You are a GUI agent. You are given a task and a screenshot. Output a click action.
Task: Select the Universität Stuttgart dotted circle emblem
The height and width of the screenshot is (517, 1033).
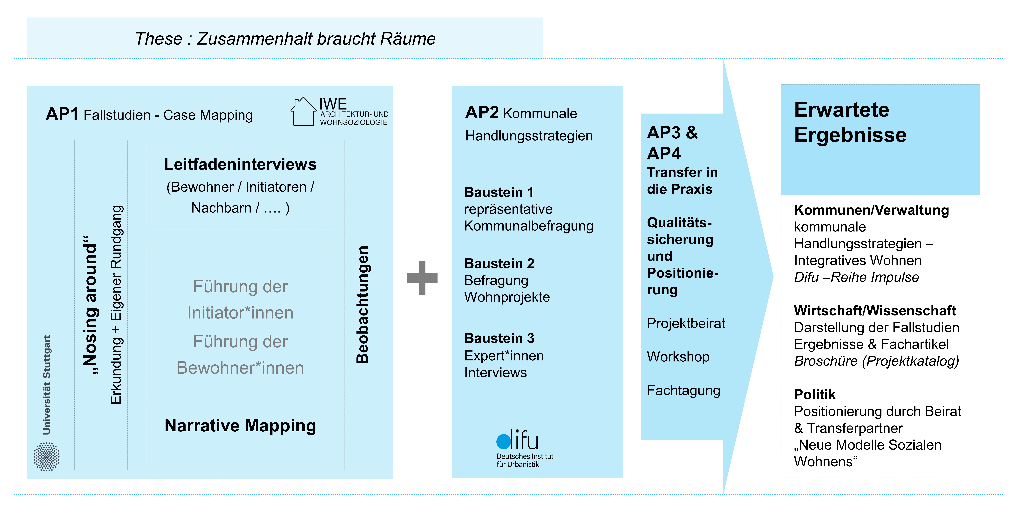(46, 456)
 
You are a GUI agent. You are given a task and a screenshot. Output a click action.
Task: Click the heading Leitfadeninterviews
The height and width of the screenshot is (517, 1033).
(240, 165)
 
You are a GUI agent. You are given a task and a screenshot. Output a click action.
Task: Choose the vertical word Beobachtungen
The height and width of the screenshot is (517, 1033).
(362, 305)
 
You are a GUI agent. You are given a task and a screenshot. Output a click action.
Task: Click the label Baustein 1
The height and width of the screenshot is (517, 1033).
(499, 192)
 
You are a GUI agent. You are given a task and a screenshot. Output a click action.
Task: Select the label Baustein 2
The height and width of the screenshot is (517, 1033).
(499, 264)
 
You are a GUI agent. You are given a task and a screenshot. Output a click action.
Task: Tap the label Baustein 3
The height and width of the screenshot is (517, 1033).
(499, 338)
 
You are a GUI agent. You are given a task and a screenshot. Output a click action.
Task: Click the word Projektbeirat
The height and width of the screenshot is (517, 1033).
(686, 324)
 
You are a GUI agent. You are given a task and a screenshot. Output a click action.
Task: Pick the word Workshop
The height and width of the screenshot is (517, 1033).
(678, 357)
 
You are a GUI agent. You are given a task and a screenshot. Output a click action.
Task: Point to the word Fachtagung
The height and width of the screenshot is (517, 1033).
(683, 391)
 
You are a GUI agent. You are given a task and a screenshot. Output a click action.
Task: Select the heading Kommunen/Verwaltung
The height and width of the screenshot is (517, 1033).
(871, 210)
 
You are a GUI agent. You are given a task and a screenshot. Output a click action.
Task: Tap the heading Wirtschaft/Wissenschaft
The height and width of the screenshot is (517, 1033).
(875, 311)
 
